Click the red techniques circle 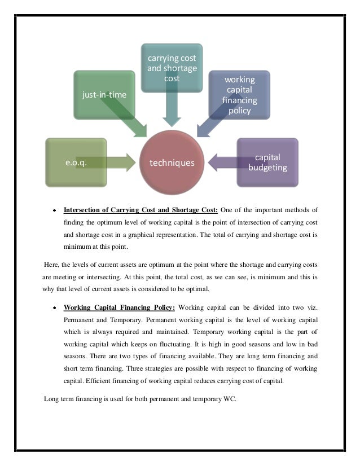point(172,163)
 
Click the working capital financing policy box point(240,94)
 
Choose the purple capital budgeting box point(267,162)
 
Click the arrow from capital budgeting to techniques point(222,163)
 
